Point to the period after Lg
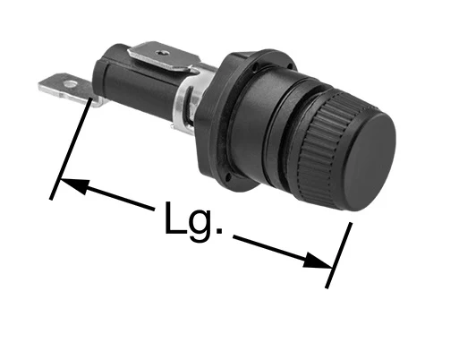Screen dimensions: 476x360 click(218, 230)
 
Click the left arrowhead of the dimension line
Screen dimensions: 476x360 click(74, 186)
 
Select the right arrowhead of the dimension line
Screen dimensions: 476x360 click(318, 261)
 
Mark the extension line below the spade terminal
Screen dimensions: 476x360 click(71, 149)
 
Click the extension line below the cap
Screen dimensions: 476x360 click(339, 255)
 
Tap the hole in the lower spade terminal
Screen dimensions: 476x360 click(71, 83)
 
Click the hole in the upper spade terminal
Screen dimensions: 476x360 click(161, 53)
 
